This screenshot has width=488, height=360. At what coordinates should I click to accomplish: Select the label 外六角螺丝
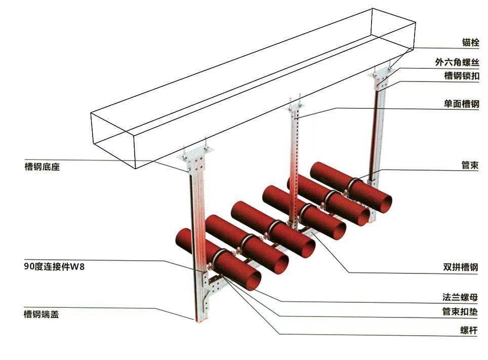point(457,62)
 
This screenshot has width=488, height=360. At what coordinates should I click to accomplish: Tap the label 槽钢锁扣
point(461,76)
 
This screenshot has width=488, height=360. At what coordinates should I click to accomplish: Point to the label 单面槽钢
point(461,103)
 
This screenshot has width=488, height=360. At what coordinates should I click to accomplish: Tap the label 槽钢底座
point(42,166)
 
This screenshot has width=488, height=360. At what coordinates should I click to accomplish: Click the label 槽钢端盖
point(42,314)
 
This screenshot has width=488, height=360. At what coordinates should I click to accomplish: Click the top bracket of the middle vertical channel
point(296,109)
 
